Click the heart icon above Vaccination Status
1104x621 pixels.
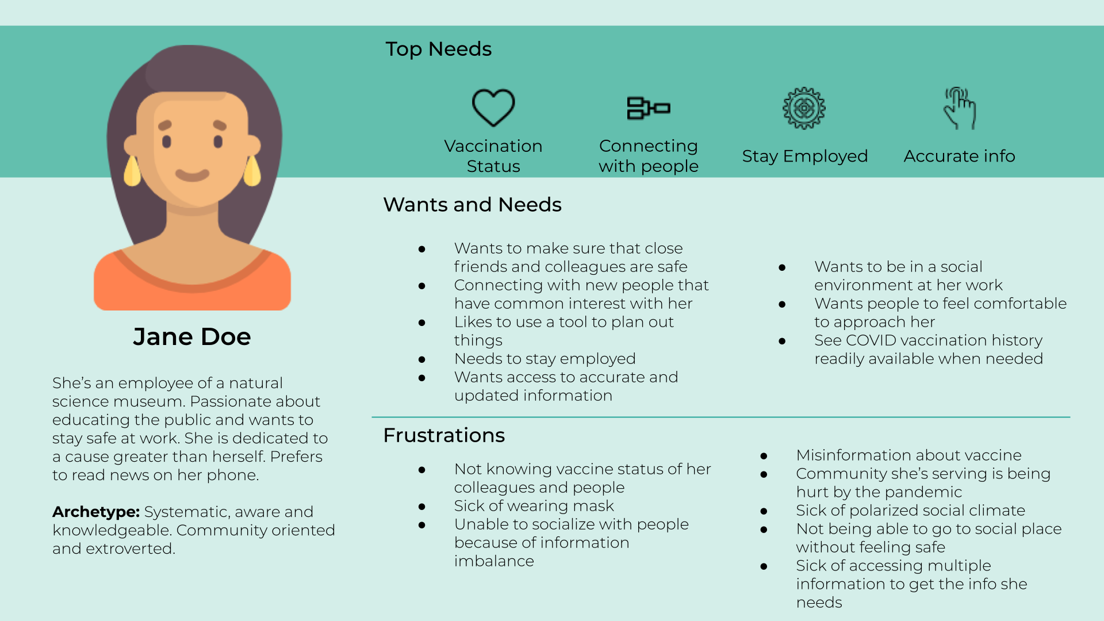493,108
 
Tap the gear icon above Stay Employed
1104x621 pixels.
804,108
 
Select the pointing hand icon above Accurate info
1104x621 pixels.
960,108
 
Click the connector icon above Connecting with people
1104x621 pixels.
648,108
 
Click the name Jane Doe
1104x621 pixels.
192,336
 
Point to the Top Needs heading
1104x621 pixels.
438,49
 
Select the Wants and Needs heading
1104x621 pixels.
472,205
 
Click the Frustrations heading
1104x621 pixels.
444,435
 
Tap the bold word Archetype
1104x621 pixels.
95,512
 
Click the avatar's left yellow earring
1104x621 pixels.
132,171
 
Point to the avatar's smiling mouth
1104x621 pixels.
192,175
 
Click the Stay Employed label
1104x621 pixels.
804,156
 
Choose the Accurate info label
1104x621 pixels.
959,156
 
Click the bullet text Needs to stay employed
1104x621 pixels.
545,359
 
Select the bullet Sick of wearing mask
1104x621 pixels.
534,506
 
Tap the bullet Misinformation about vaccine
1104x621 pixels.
908,455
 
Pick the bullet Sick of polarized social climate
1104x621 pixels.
910,511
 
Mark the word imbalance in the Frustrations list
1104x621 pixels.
494,561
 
